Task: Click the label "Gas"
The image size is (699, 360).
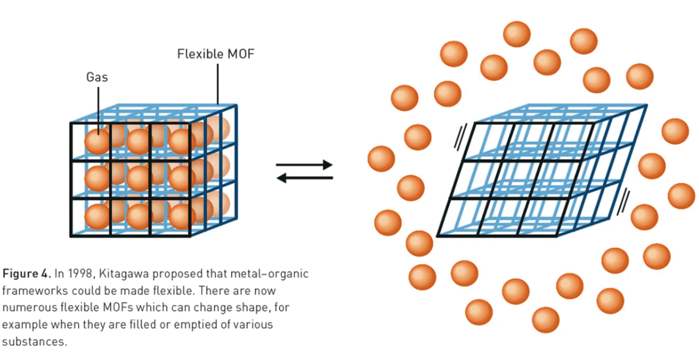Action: click(97, 77)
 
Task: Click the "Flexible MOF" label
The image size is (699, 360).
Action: click(216, 54)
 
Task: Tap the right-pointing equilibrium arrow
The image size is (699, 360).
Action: click(304, 165)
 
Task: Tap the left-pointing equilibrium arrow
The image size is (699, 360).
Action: click(304, 178)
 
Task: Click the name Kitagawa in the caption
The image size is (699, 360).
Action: click(124, 274)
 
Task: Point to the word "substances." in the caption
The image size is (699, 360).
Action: click(35, 342)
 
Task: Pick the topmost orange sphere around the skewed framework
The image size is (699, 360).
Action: click(517, 34)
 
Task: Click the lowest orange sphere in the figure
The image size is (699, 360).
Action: click(545, 320)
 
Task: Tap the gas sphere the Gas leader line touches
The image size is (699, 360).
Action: click(97, 141)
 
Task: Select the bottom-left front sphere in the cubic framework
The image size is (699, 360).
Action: click(97, 217)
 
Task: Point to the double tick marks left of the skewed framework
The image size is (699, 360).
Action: click(460, 137)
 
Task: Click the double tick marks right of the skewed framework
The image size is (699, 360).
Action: click(623, 201)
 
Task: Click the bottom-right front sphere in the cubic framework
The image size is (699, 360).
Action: click(181, 217)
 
